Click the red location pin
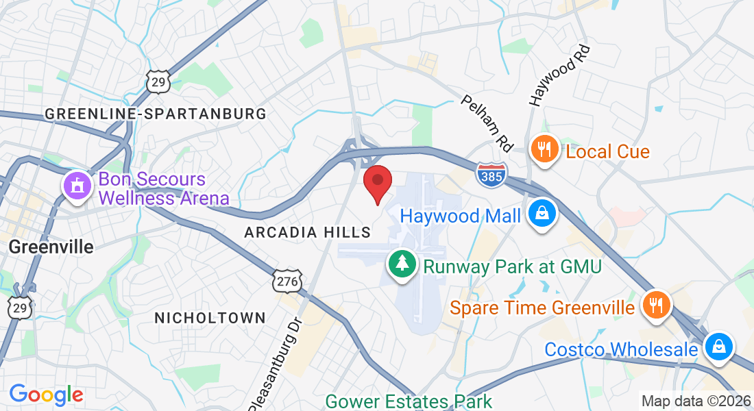click(377, 183)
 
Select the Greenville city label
click(51, 247)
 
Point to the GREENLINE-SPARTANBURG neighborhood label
click(156, 114)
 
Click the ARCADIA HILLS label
click(308, 233)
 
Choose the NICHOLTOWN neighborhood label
click(210, 318)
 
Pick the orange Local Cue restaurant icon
click(545, 149)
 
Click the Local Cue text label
click(607, 151)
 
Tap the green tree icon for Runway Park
click(403, 264)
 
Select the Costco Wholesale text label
click(621, 349)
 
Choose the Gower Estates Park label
click(409, 401)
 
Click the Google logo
click(46, 395)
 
